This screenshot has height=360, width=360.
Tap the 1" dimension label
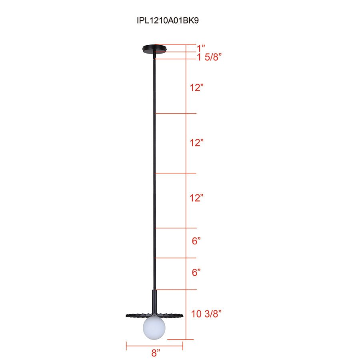point(202,48)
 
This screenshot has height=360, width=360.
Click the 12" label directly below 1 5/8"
point(197,88)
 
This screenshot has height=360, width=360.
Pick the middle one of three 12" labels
point(197,142)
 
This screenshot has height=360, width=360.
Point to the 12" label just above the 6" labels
point(197,198)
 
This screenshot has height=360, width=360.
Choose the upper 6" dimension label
point(196,241)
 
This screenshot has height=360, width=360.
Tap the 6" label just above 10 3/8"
point(196,273)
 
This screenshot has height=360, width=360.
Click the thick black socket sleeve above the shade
point(154,300)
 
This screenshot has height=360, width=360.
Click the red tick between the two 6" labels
point(176,258)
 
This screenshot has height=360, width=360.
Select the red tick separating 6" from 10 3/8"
point(176,290)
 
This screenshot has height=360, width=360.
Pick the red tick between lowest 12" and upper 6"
point(176,228)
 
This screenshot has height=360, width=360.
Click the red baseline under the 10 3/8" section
point(180,340)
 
